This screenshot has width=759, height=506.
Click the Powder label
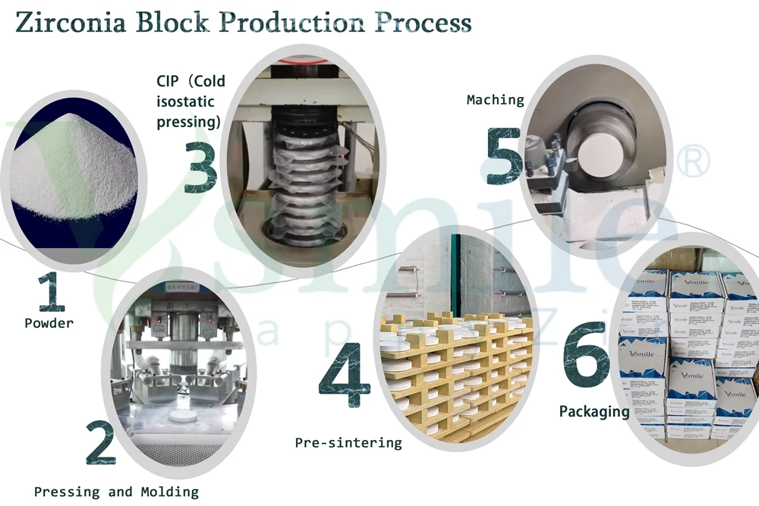[49, 324]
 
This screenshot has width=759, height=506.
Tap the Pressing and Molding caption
[116, 492]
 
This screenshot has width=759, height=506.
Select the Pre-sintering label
[348, 442]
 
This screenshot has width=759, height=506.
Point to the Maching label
[495, 100]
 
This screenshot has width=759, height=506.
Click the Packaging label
[594, 412]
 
